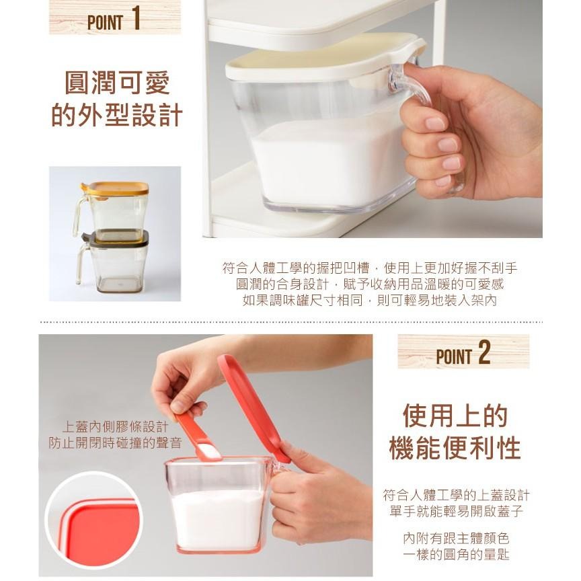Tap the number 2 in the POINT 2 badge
[x=484, y=353]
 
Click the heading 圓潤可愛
[x=117, y=82]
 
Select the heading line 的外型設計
[x=117, y=114]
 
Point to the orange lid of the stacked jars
[x=116, y=188]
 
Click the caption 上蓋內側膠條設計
[x=115, y=427]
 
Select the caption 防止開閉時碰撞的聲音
[x=115, y=442]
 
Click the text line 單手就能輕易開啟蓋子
[x=456, y=512]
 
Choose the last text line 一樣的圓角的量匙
[x=456, y=555]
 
